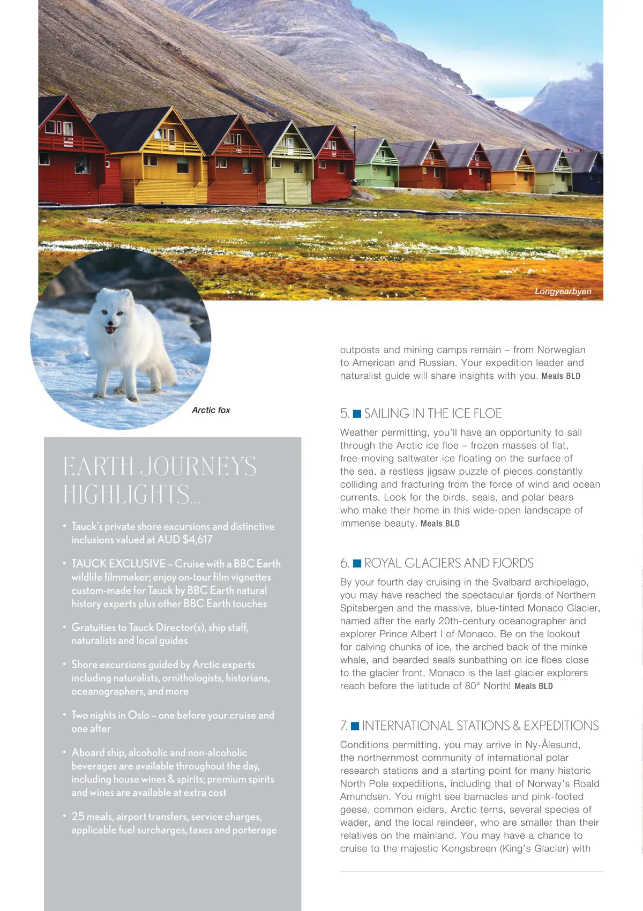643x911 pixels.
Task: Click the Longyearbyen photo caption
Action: [563, 292]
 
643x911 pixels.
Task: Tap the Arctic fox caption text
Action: [211, 410]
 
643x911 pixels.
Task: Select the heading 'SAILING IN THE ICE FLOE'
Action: [432, 414]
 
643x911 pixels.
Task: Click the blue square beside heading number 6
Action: [357, 563]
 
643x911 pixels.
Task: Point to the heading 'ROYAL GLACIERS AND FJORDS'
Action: [448, 563]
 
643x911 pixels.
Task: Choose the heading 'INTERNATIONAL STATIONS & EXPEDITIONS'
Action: [480, 726]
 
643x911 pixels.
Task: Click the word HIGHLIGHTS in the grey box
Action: [126, 494]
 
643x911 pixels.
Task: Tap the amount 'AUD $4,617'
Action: [185, 540]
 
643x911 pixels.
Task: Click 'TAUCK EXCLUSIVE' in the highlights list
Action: [118, 564]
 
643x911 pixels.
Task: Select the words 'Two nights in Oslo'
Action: [110, 715]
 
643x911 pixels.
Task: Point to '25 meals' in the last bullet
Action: [92, 817]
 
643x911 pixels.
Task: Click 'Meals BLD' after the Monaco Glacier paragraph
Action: [533, 686]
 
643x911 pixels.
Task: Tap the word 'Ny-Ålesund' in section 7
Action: [552, 745]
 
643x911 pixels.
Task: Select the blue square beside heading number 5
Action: [357, 414]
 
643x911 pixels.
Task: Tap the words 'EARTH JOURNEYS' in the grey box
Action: [160, 466]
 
